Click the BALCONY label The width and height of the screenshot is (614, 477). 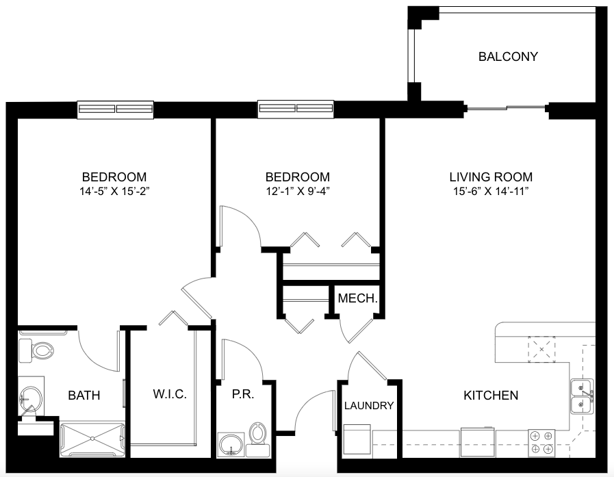(508, 56)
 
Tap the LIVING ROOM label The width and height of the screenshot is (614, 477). (491, 177)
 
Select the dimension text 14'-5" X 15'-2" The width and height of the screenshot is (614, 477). (114, 192)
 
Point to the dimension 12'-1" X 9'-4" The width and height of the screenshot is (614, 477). (298, 192)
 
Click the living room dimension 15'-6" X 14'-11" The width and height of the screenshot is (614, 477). (491, 192)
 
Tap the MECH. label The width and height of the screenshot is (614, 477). (357, 298)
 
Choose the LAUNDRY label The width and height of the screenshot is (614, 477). (369, 405)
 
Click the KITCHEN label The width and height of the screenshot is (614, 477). (491, 395)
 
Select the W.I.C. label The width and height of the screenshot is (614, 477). (170, 394)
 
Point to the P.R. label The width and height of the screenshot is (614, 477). (243, 394)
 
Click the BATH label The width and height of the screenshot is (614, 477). (84, 395)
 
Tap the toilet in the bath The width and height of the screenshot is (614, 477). (36, 350)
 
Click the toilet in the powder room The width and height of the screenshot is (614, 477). (257, 439)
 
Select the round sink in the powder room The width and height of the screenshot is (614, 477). (231, 445)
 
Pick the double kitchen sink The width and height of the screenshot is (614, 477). (583, 396)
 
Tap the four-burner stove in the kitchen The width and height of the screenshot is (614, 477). (541, 443)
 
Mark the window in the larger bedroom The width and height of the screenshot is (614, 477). (115, 109)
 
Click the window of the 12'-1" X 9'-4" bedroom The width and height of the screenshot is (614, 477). (296, 109)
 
